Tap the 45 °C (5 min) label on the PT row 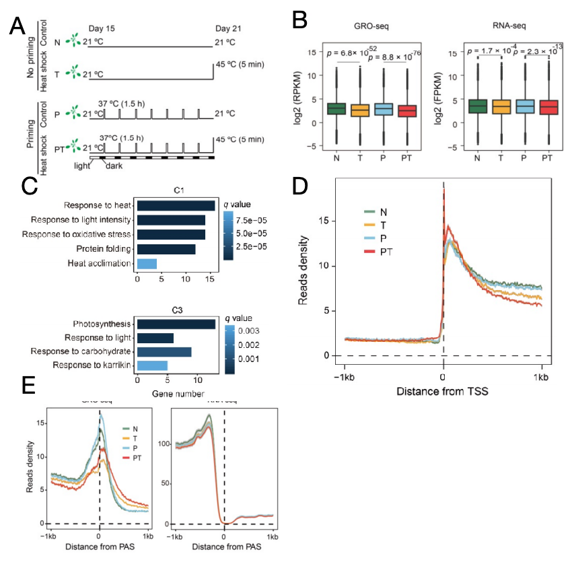point(240,139)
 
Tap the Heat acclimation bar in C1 point(147,262)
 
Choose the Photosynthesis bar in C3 point(176,324)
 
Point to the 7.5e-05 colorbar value point(254,219)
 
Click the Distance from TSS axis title point(443,391)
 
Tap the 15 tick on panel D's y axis point(327,220)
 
